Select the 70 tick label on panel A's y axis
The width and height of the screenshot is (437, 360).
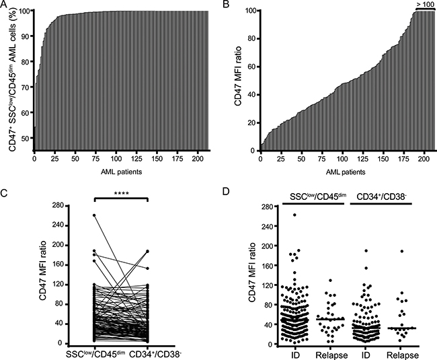(26, 87)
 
